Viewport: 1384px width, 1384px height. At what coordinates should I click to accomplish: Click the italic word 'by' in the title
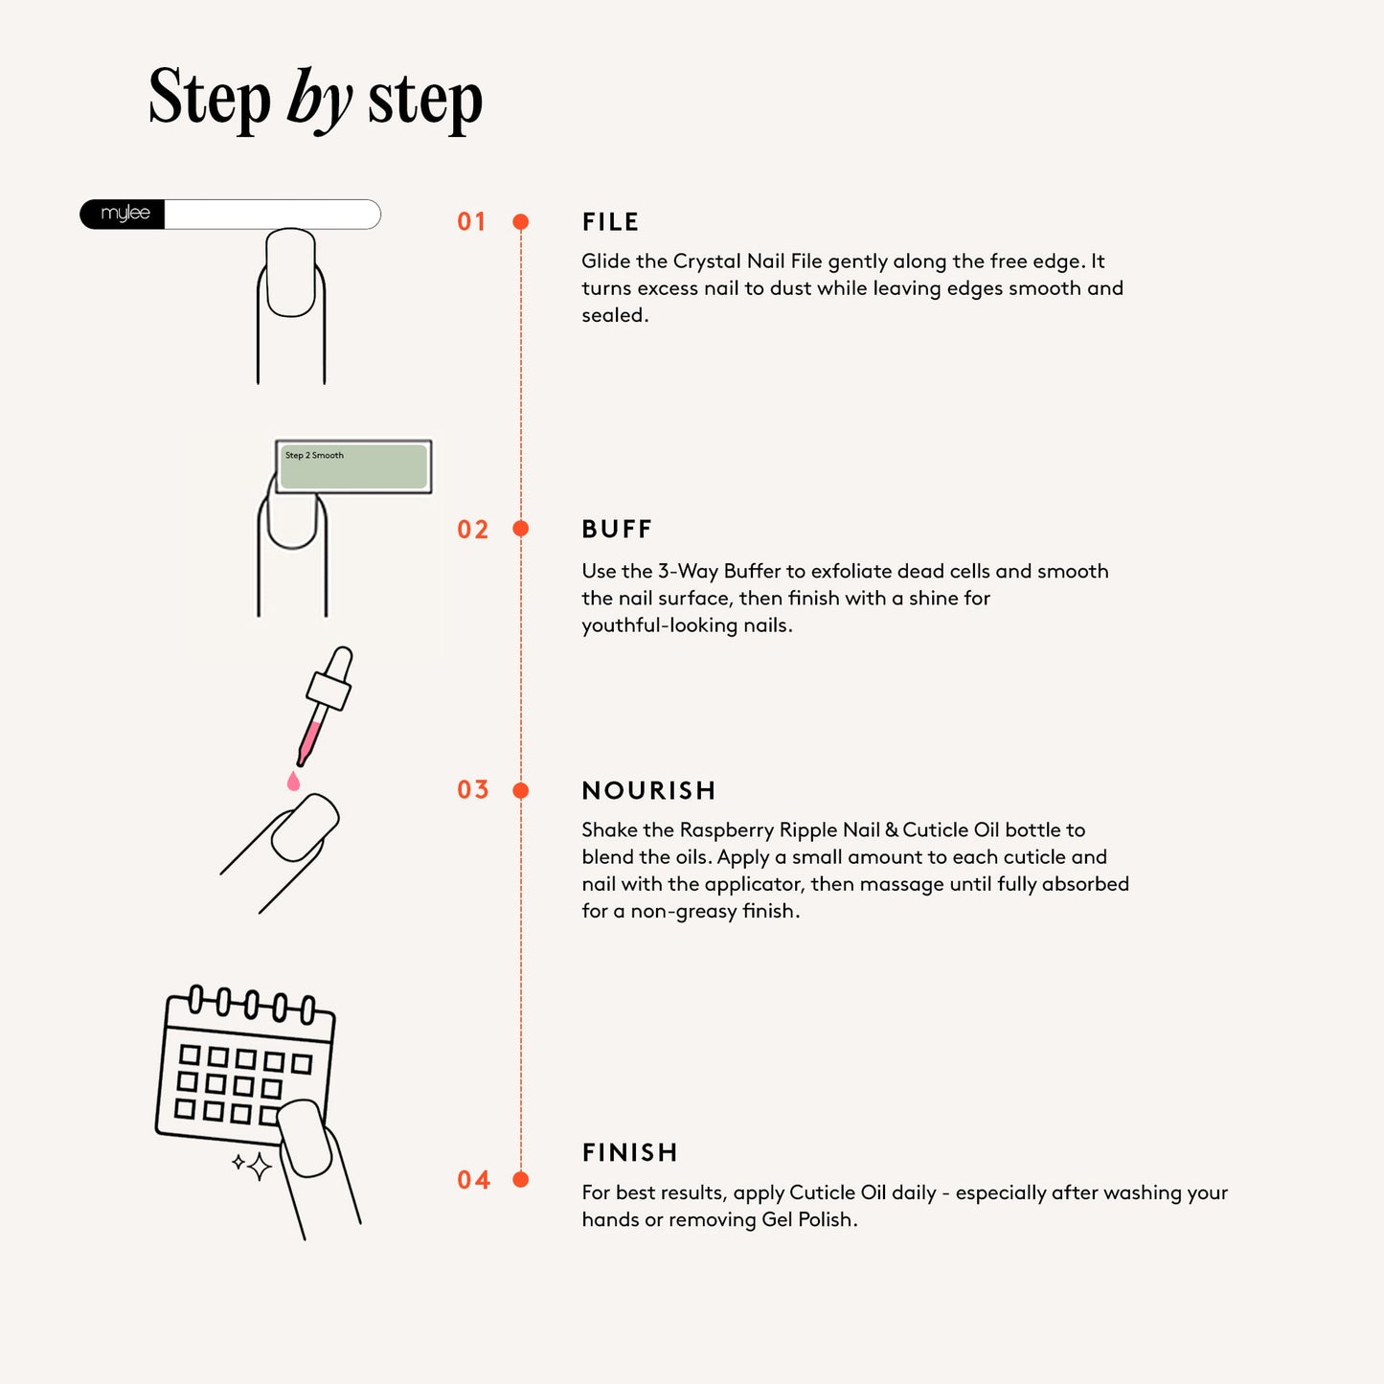319,100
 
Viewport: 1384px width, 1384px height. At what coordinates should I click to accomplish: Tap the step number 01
471,222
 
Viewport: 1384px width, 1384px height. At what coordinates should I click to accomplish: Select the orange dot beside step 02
521,529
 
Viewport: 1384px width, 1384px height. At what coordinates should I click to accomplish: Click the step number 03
473,790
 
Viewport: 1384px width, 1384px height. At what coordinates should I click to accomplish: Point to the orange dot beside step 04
521,1179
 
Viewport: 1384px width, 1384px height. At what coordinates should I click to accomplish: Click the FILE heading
610,222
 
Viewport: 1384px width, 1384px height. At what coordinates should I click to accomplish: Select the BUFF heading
617,530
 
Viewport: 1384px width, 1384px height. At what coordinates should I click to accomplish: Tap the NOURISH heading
648,790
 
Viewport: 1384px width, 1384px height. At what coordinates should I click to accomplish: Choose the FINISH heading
629,1152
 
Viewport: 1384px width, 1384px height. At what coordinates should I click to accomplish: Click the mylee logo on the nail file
125,214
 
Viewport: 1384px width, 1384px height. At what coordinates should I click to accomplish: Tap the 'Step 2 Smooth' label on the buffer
314,456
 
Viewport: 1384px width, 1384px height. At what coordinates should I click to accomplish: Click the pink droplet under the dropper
293,783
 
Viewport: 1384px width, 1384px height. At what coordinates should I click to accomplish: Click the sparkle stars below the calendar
254,1166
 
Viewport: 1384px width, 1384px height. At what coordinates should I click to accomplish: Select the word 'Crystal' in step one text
708,261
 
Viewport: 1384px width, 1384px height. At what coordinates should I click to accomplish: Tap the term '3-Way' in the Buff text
687,572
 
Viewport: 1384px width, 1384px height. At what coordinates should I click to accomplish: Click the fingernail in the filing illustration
291,273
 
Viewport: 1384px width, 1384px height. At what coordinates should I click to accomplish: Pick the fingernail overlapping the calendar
305,1139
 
